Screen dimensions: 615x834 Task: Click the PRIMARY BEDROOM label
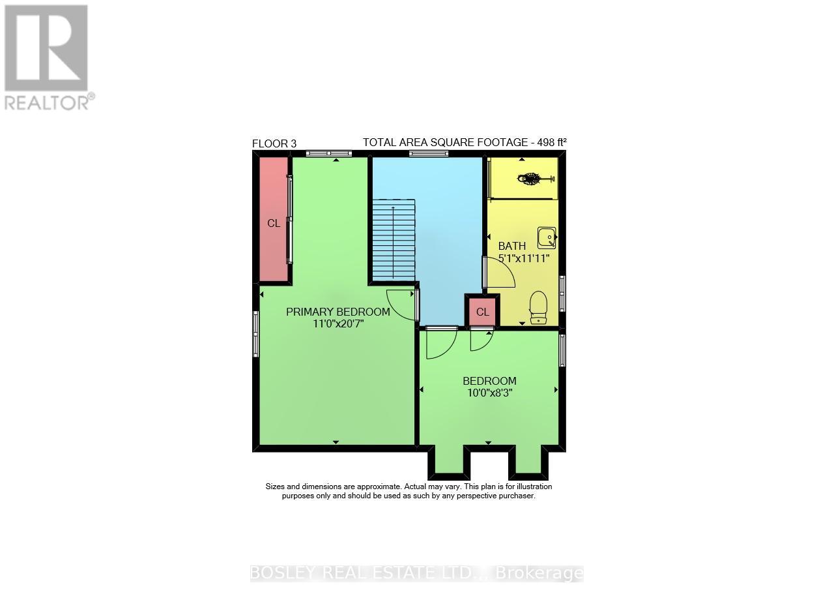(338, 312)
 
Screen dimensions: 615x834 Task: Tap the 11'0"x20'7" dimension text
(338, 323)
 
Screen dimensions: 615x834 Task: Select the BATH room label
(511, 246)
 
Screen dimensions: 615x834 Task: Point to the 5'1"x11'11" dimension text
(524, 258)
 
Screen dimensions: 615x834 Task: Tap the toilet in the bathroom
(538, 307)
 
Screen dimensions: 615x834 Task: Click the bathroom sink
(546, 237)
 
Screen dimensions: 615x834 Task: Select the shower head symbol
(529, 177)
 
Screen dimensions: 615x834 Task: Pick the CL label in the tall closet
(274, 223)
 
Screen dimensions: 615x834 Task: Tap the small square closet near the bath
(482, 312)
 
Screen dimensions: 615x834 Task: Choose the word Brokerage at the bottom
(539, 573)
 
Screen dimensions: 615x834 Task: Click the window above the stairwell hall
(429, 153)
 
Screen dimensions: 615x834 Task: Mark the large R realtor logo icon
(46, 48)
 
